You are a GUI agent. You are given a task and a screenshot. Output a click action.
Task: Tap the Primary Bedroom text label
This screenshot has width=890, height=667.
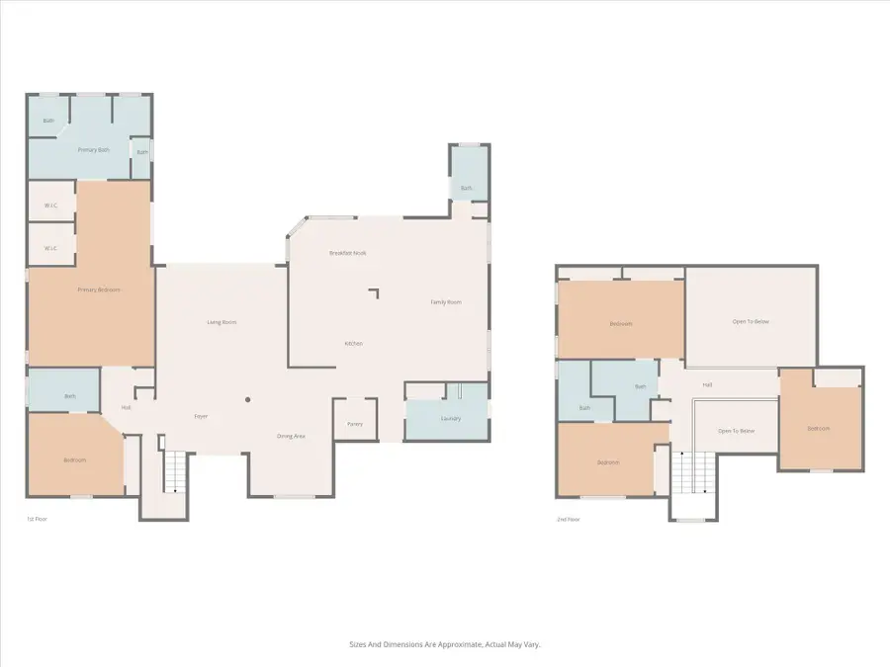[x=99, y=290]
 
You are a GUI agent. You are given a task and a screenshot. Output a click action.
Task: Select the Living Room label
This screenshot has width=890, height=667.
[x=222, y=322]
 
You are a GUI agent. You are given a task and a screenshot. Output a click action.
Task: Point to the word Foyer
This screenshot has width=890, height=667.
[x=201, y=416]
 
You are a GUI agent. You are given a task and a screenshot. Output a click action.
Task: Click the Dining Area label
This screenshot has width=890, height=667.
[x=291, y=436]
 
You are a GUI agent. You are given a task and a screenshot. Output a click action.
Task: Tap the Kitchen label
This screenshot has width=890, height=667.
[x=354, y=344]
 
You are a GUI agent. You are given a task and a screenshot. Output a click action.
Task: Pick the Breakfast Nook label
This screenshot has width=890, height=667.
[x=348, y=254]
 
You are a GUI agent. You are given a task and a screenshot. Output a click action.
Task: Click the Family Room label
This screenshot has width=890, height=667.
[x=445, y=302]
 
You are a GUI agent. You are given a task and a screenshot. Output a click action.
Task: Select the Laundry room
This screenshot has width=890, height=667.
[x=447, y=419]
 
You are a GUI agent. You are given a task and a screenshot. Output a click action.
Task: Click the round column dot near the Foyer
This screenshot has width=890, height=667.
[x=248, y=400]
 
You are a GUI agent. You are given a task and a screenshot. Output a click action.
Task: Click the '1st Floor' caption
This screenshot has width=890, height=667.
[x=38, y=518]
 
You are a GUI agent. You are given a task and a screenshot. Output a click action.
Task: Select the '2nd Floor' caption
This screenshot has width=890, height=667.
[x=568, y=518]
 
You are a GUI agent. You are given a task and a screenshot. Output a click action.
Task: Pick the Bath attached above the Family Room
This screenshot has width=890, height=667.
[x=467, y=188]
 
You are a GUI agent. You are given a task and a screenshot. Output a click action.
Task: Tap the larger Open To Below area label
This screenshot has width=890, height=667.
[x=752, y=321]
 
